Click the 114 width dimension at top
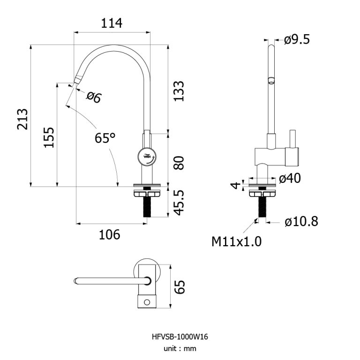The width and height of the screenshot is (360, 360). click(x=112, y=23)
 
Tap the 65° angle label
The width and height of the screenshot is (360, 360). click(x=105, y=138)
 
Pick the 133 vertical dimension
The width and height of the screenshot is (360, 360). click(x=178, y=91)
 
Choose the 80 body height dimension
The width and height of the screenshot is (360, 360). click(x=178, y=163)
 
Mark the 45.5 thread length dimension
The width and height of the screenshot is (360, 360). click(x=178, y=202)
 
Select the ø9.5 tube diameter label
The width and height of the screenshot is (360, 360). click(x=297, y=40)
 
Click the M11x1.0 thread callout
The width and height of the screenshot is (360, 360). click(x=236, y=242)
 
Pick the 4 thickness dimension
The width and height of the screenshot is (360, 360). click(x=236, y=184)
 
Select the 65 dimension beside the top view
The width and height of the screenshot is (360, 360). click(x=180, y=286)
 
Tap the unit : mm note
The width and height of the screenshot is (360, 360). click(x=180, y=348)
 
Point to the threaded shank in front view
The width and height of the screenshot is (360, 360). click(x=148, y=206)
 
